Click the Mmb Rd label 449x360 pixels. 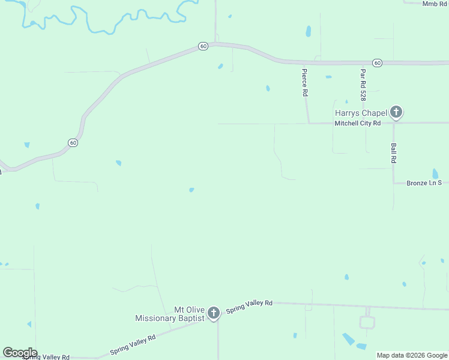coord(435,4)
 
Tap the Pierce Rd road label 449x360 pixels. coord(304,82)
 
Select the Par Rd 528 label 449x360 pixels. coord(363,84)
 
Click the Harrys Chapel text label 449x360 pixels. coord(360,112)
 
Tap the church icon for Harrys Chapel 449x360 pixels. coord(396,112)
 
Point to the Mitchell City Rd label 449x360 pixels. coord(357,123)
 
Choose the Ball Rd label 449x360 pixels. coord(394,153)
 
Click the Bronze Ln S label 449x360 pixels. coord(424,182)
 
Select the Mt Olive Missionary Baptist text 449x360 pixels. coord(170,314)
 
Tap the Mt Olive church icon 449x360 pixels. coord(212,313)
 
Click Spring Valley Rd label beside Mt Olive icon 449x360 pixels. coord(249,307)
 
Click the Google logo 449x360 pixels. coord(20,353)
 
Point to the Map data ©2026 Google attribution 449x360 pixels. coord(412,355)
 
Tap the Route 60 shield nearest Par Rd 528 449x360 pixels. coord(376,62)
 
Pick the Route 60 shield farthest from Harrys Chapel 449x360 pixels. coord(73,143)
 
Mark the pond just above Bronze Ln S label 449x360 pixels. coord(435,173)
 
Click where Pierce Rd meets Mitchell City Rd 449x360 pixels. coord(309,124)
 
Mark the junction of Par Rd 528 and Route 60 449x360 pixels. coord(362,62)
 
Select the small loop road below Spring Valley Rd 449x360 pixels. coord(367,322)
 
